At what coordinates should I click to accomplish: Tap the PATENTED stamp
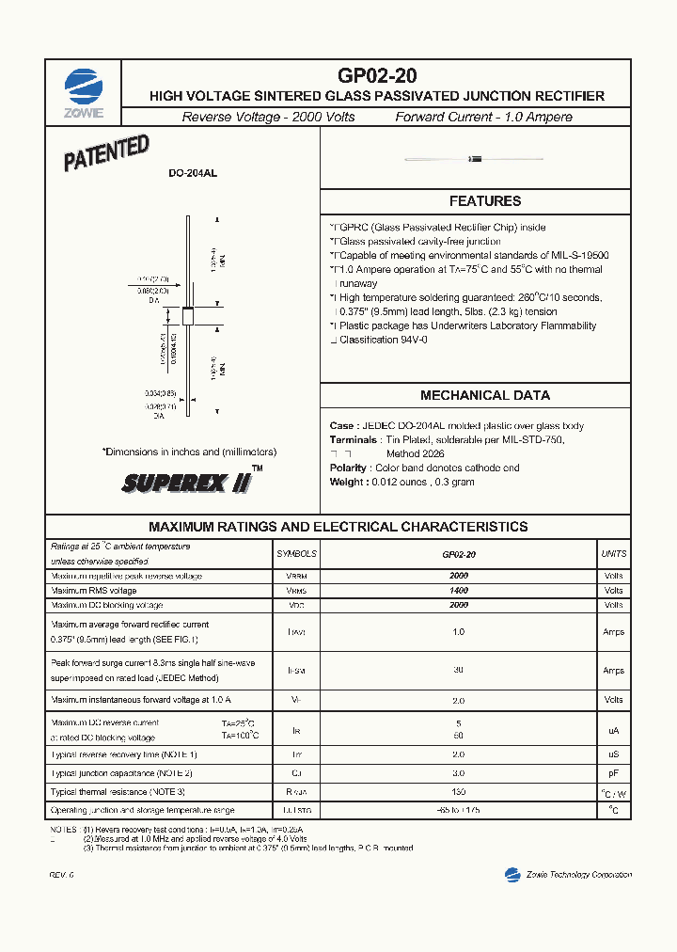pyautogui.click(x=106, y=153)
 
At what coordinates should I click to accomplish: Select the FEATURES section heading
pyautogui.click(x=485, y=201)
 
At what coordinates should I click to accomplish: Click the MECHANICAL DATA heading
pyautogui.click(x=485, y=395)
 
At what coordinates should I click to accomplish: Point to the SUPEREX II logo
pyautogui.click(x=188, y=482)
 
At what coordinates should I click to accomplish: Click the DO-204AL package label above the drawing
pyautogui.click(x=193, y=174)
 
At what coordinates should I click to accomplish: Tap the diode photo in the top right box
pyautogui.click(x=476, y=158)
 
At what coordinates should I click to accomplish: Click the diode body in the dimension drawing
pyautogui.click(x=187, y=316)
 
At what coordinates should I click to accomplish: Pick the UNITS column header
pyautogui.click(x=613, y=554)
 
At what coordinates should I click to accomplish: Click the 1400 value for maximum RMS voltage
pyautogui.click(x=459, y=590)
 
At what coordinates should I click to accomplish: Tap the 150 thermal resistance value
pyautogui.click(x=459, y=792)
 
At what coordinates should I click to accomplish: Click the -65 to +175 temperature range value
pyautogui.click(x=459, y=809)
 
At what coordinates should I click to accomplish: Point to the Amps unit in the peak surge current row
pyautogui.click(x=613, y=671)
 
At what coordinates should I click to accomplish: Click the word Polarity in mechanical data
pyautogui.click(x=349, y=468)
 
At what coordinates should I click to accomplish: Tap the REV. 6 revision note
pyautogui.click(x=62, y=875)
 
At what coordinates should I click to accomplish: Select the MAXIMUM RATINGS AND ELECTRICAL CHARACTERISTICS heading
pyautogui.click(x=338, y=527)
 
